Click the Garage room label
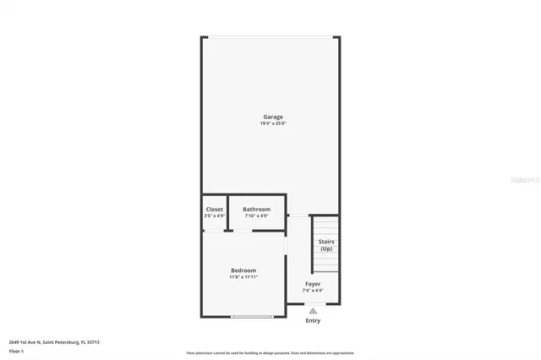[x=272, y=117]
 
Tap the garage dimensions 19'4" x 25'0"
[x=272, y=123]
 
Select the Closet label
[x=215, y=209]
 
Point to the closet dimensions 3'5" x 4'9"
[x=215, y=215]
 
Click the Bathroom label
[x=256, y=209]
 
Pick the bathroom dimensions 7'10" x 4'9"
[x=256, y=215]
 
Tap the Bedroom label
[x=243, y=270]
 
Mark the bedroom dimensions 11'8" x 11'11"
[x=243, y=276]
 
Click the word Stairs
[x=325, y=242]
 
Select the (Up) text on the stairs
[x=325, y=248]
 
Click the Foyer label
[x=313, y=284]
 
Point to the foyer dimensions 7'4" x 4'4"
[x=313, y=291]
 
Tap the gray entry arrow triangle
[x=313, y=311]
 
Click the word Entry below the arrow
[x=313, y=320]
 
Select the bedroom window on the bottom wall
[x=253, y=317]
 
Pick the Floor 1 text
[x=16, y=350]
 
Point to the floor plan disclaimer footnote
[x=270, y=353]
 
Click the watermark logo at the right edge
[x=526, y=180]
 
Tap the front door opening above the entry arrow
[x=313, y=303]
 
